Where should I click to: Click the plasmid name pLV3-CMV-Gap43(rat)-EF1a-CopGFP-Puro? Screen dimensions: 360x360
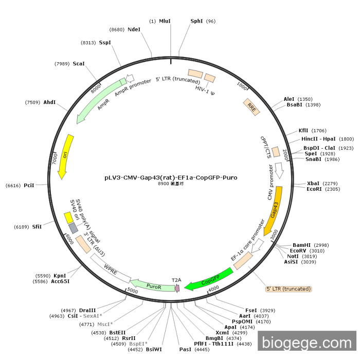pyautogui.click(x=171, y=177)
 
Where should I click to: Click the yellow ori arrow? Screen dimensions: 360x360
pyautogui.click(x=65, y=157)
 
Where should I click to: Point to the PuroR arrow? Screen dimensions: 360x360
pyautogui.click(x=152, y=285)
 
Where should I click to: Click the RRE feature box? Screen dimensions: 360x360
pyautogui.click(x=251, y=106)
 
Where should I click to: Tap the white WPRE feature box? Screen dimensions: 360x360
pyautogui.click(x=111, y=268)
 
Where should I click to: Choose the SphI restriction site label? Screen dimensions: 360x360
pyautogui.click(x=196, y=21)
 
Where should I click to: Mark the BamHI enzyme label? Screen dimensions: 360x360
pyautogui.click(x=302, y=245)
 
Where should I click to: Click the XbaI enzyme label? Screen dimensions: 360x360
pyautogui.click(x=313, y=183)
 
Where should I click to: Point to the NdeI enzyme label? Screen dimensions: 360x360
pyautogui.click(x=134, y=29)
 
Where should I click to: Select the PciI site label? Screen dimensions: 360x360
pyautogui.click(x=29, y=185)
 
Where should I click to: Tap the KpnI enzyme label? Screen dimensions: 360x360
pyautogui.click(x=60, y=276)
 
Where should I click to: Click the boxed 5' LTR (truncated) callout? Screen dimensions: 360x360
pyautogui.click(x=289, y=289)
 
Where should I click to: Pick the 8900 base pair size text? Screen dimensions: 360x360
pyautogui.click(x=171, y=184)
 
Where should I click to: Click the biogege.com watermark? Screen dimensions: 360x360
pyautogui.click(x=307, y=341)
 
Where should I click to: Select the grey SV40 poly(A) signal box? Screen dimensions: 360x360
pyautogui.click(x=74, y=227)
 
